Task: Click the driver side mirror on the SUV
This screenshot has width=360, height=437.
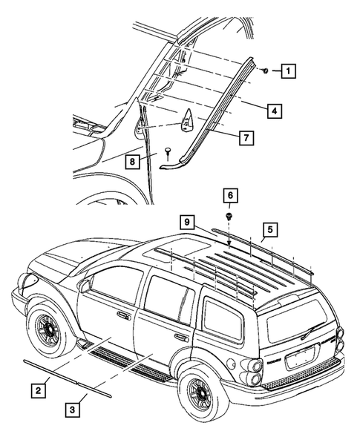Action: (86, 286)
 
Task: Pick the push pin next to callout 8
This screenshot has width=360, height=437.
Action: (169, 151)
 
